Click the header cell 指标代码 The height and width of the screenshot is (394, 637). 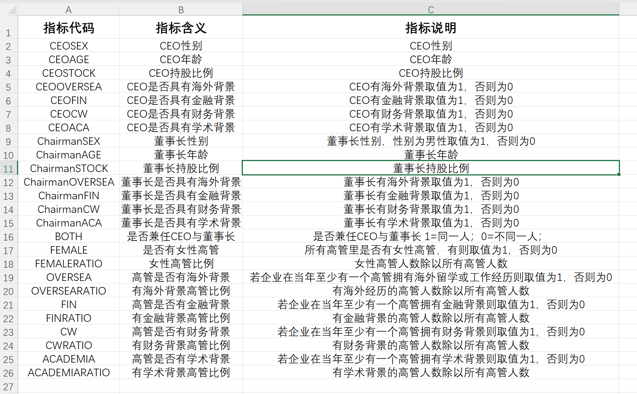pyautogui.click(x=68, y=28)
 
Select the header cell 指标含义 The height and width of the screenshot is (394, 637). pyautogui.click(x=181, y=28)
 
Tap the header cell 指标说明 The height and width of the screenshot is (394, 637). pyautogui.click(x=430, y=28)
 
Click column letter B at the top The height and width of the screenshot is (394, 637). pyautogui.click(x=181, y=10)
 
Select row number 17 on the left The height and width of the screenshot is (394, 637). pyautogui.click(x=9, y=250)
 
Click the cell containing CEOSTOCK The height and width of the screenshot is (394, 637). pyautogui.click(x=68, y=73)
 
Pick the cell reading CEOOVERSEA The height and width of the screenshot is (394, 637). pyautogui.click(x=68, y=87)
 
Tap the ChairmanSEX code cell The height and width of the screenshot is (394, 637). pyautogui.click(x=68, y=141)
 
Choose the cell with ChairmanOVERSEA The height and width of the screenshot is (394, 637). pyautogui.click(x=68, y=182)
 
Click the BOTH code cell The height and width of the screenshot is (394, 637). pyautogui.click(x=68, y=237)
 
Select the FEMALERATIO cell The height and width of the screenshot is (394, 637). pyautogui.click(x=68, y=264)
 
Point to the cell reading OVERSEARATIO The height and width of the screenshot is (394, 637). pyautogui.click(x=68, y=291)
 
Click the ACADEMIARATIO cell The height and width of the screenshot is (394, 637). pyautogui.click(x=68, y=372)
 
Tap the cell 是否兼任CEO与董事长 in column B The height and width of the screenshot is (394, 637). pyautogui.click(x=181, y=237)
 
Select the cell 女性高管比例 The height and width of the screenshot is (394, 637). pyautogui.click(x=181, y=264)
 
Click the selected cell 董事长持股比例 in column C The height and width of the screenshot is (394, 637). pyautogui.click(x=430, y=168)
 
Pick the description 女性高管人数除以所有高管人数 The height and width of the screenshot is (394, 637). pyautogui.click(x=430, y=264)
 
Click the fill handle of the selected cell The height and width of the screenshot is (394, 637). pyautogui.click(x=619, y=174)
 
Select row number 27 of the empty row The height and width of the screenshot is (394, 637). pyautogui.click(x=9, y=386)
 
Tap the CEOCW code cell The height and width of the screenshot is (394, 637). pyautogui.click(x=68, y=114)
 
